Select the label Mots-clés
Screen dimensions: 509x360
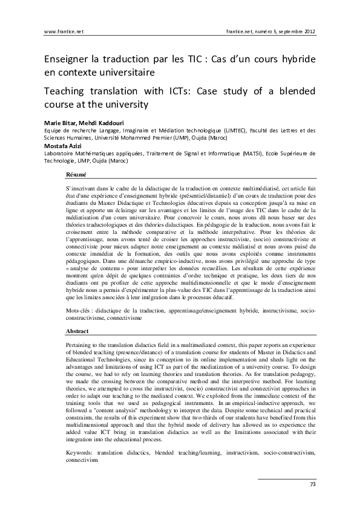[x=80, y=310]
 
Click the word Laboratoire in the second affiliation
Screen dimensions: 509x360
[x=62, y=154]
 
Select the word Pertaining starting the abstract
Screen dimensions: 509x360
[x=80, y=344]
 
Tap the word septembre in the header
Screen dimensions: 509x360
[x=280, y=31]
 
